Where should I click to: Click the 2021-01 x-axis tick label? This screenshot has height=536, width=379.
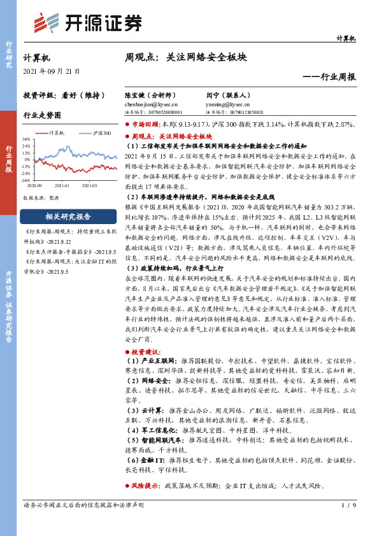pos(62,187)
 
